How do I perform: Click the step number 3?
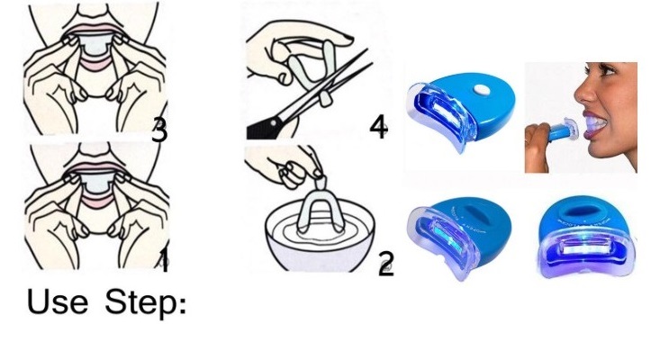159,130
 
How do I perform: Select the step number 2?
386,264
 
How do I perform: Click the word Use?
58,301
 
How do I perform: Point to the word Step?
145,302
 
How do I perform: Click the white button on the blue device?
479,89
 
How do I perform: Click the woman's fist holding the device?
538,145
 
